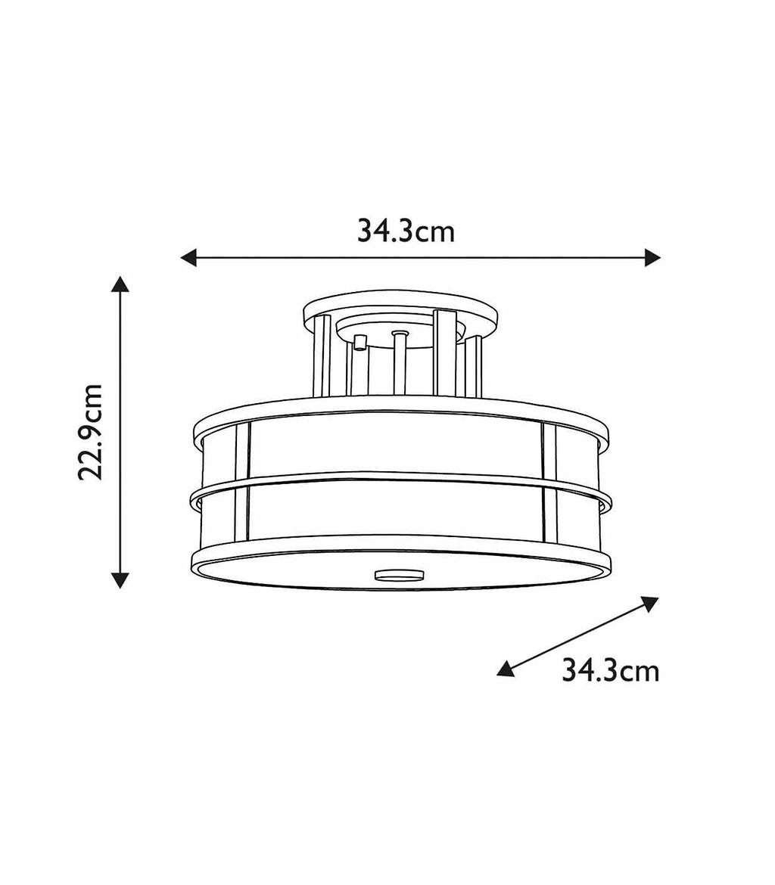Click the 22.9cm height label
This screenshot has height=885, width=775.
coord(91,431)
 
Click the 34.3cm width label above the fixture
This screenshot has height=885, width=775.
coord(406,231)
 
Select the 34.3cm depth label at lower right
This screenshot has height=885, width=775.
coord(610,670)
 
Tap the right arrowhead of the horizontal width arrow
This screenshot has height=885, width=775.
coord(652,258)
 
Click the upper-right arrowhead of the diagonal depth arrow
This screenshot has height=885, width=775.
coord(649,603)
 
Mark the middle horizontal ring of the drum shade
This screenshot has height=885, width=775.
coord(401,479)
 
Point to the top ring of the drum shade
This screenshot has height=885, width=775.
coord(401,408)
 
